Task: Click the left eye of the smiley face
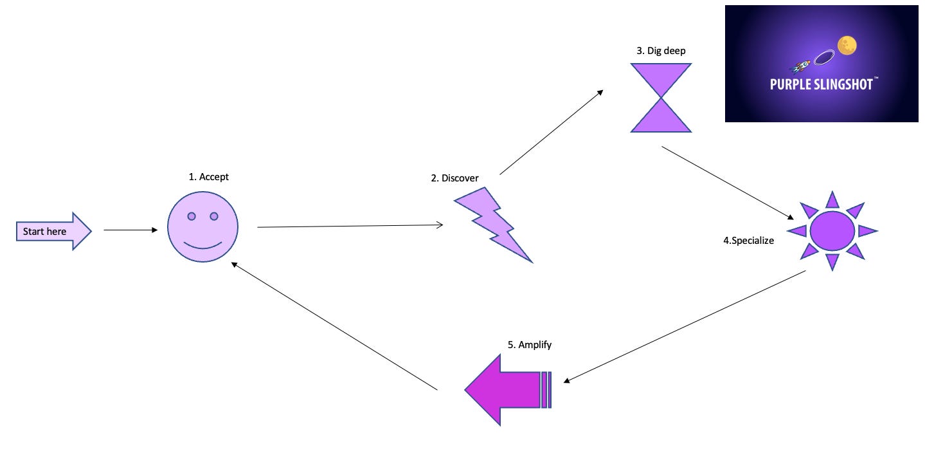[192, 216]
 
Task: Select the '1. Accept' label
[209, 176]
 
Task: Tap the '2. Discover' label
[454, 178]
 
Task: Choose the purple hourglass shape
[661, 98]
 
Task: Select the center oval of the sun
[832, 230]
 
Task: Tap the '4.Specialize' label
[748, 241]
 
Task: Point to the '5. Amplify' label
[529, 345]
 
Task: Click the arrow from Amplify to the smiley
[334, 326]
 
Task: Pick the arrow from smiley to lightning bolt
[350, 226]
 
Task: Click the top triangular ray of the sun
[832, 201]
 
